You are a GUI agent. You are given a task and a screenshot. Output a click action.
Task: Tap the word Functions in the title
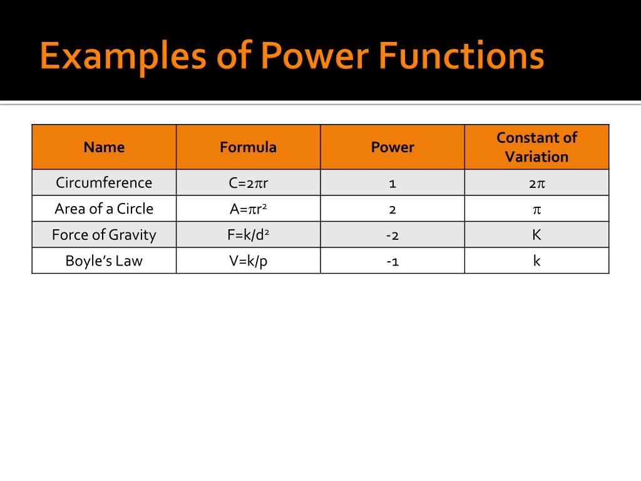click(x=461, y=57)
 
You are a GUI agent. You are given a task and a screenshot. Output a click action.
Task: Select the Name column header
click(x=104, y=147)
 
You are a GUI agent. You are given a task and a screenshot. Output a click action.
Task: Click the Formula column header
click(x=248, y=147)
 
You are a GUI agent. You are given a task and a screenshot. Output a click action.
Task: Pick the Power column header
click(x=392, y=147)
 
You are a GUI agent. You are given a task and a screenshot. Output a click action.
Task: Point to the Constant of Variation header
click(x=536, y=147)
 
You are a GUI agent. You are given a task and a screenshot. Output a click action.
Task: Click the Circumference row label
click(x=104, y=183)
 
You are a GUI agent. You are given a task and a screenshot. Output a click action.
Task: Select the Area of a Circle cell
click(x=104, y=209)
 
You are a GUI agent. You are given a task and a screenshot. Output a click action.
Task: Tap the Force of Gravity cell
click(x=104, y=235)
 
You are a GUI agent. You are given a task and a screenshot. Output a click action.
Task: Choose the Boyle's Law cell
click(x=104, y=261)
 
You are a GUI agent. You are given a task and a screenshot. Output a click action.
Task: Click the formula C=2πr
click(x=248, y=183)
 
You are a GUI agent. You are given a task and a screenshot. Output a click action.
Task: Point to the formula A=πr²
click(x=248, y=209)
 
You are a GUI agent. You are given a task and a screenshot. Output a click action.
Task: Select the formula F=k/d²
click(x=248, y=235)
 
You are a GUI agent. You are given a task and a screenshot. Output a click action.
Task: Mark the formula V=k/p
click(x=248, y=261)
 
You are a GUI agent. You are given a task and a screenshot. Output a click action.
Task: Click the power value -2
click(x=392, y=235)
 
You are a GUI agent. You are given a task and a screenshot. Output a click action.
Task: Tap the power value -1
click(x=392, y=261)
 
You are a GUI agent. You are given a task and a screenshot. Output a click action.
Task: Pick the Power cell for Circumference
click(x=392, y=184)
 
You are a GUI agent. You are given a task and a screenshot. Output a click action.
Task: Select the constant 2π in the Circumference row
click(x=536, y=184)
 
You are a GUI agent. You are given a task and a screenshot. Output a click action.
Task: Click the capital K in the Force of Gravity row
click(x=536, y=235)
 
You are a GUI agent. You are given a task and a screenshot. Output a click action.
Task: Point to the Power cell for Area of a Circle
click(x=392, y=209)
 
